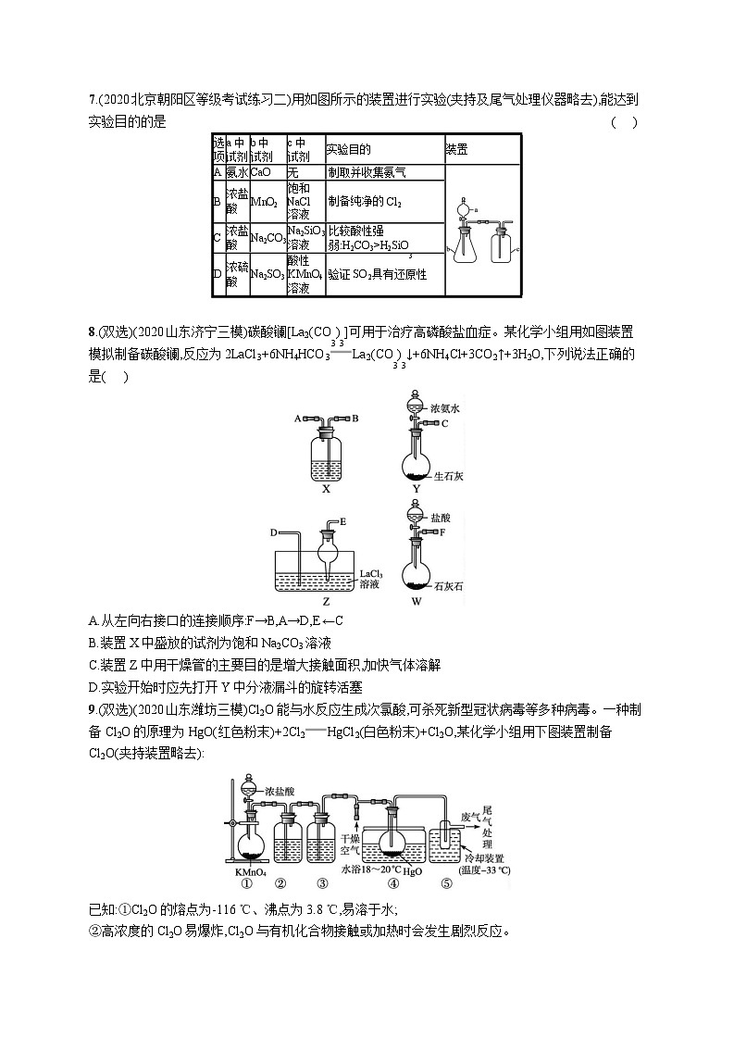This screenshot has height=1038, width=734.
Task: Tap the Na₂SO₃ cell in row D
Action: [267, 275]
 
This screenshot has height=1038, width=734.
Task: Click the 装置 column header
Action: [456, 148]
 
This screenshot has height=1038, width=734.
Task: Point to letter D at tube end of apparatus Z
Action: [275, 532]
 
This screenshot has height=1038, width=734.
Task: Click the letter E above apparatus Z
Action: [343, 521]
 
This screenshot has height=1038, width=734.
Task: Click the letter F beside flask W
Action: [443, 532]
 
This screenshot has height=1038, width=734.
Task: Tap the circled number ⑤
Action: [445, 882]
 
